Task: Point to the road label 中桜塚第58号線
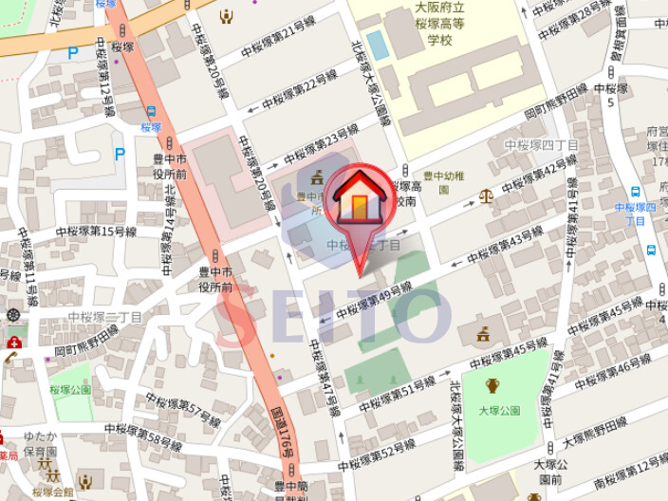pos(143,436)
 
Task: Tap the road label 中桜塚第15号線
pos(96,232)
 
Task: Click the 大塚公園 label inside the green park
pos(499,411)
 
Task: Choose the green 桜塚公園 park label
pos(70,390)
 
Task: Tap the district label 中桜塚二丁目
pos(104,317)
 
